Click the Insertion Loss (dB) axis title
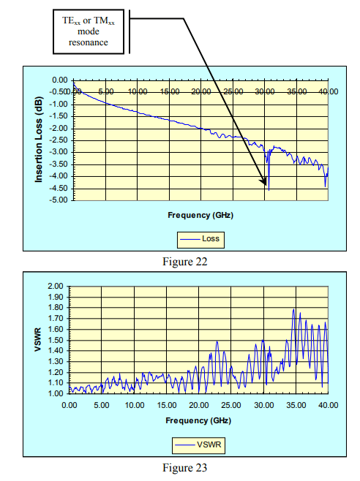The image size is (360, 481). tap(40, 139)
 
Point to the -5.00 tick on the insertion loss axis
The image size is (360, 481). tap(58, 200)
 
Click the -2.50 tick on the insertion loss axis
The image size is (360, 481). tap(58, 140)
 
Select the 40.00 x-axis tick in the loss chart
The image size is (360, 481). tap(329, 92)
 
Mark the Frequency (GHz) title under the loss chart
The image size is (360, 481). tap(199, 217)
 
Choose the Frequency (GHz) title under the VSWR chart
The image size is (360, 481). tap(199, 420)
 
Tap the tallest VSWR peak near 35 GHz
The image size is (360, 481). tap(293, 309)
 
